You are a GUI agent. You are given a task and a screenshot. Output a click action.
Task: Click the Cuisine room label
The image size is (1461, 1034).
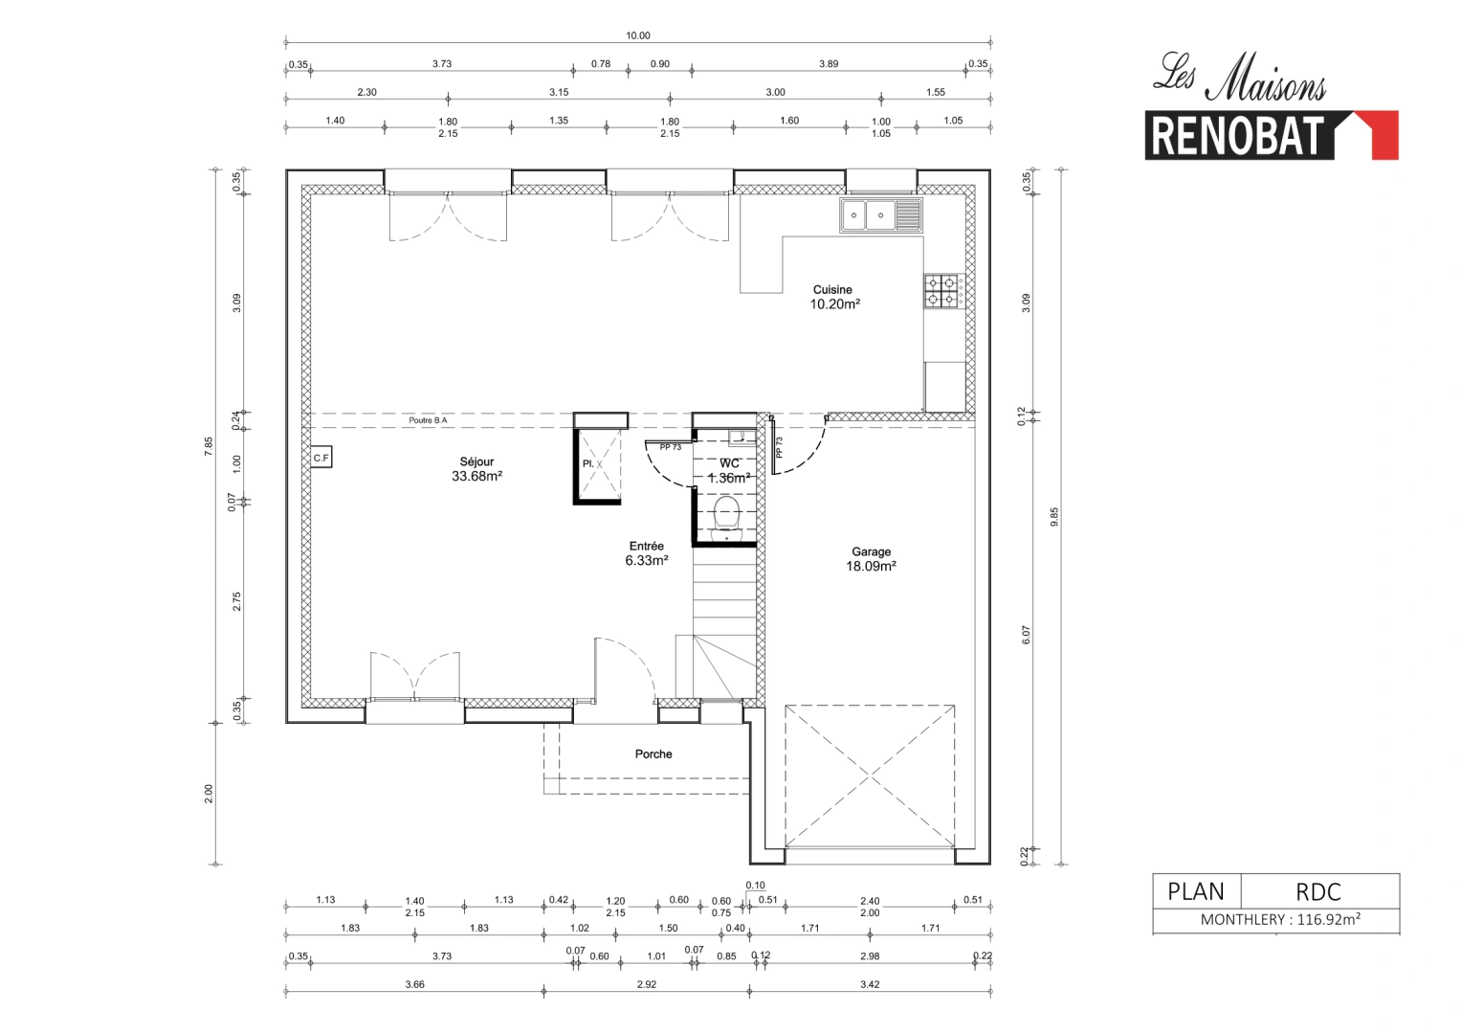point(832,290)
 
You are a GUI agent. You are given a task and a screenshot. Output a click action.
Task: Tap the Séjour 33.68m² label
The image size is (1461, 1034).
point(476,469)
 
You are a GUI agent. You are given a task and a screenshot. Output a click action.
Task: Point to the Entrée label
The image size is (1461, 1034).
point(647,547)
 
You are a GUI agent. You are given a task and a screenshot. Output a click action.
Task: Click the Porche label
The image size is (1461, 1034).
point(653,754)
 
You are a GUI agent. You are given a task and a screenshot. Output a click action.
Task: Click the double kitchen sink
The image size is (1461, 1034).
point(880,215)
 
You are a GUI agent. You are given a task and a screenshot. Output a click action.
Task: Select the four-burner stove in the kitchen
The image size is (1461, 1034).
point(941,291)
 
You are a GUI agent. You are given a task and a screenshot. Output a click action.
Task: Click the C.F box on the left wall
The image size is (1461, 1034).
point(321,459)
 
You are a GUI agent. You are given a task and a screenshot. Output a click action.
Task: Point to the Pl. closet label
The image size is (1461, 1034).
point(588,464)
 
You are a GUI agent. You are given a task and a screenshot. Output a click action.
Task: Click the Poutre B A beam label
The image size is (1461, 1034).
point(428,420)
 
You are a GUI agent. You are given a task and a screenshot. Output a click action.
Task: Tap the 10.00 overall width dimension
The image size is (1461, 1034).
point(638,35)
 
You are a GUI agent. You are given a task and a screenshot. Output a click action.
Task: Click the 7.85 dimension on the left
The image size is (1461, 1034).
point(209,447)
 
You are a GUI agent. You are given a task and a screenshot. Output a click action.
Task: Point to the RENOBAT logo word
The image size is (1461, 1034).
point(1237,136)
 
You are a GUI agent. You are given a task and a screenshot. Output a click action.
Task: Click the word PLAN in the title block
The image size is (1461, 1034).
point(1196,891)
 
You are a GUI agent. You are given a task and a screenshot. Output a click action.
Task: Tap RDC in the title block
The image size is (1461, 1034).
point(1318,891)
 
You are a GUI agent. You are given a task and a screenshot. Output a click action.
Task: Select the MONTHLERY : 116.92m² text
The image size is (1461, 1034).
point(1280,920)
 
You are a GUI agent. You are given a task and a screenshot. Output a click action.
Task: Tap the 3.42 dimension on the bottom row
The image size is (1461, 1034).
point(870,984)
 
